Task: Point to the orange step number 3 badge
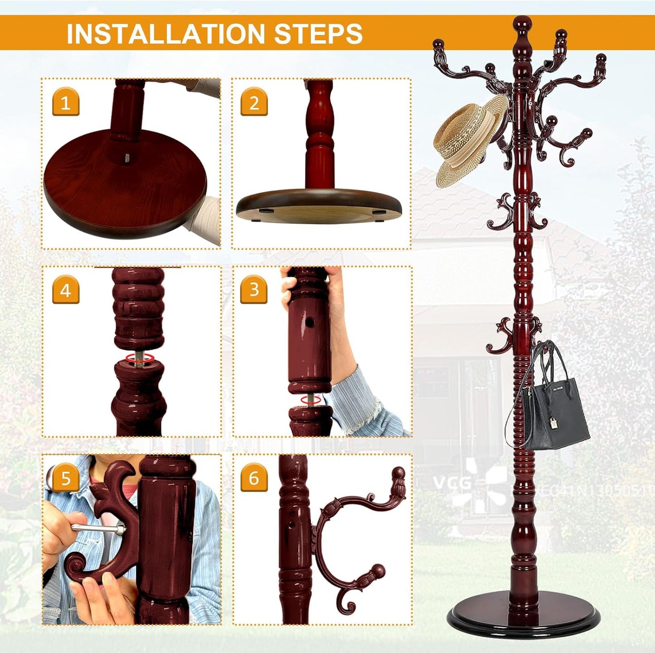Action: click(254, 289)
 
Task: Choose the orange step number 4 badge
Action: click(66, 290)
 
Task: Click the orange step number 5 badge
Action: click(66, 478)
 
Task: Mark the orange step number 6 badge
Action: click(254, 478)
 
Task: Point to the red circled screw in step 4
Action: click(138, 358)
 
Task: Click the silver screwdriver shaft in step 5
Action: click(95, 527)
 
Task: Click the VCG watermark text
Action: click(452, 483)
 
